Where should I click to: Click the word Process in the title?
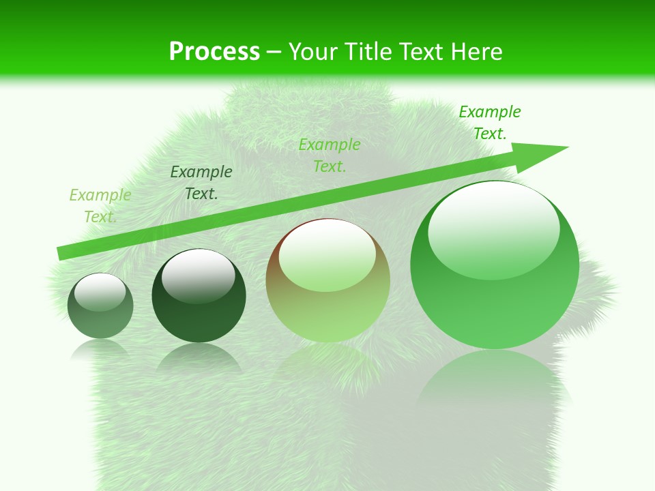pyautogui.click(x=214, y=51)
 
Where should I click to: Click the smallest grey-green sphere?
pyautogui.click(x=100, y=306)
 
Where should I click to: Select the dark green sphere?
pyautogui.click(x=199, y=296)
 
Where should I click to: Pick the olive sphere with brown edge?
pyautogui.click(x=327, y=280)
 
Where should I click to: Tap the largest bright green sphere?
pyautogui.click(x=495, y=265)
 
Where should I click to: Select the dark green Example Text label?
pyautogui.click(x=201, y=183)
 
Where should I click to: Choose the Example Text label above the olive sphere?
pyautogui.click(x=330, y=155)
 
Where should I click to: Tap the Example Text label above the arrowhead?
pyautogui.click(x=490, y=123)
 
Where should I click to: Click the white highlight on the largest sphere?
pyautogui.click(x=493, y=228)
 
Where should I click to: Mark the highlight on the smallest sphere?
pyautogui.click(x=100, y=291)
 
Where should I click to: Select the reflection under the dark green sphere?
pyautogui.click(x=199, y=358)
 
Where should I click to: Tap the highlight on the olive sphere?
pyautogui.click(x=327, y=256)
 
